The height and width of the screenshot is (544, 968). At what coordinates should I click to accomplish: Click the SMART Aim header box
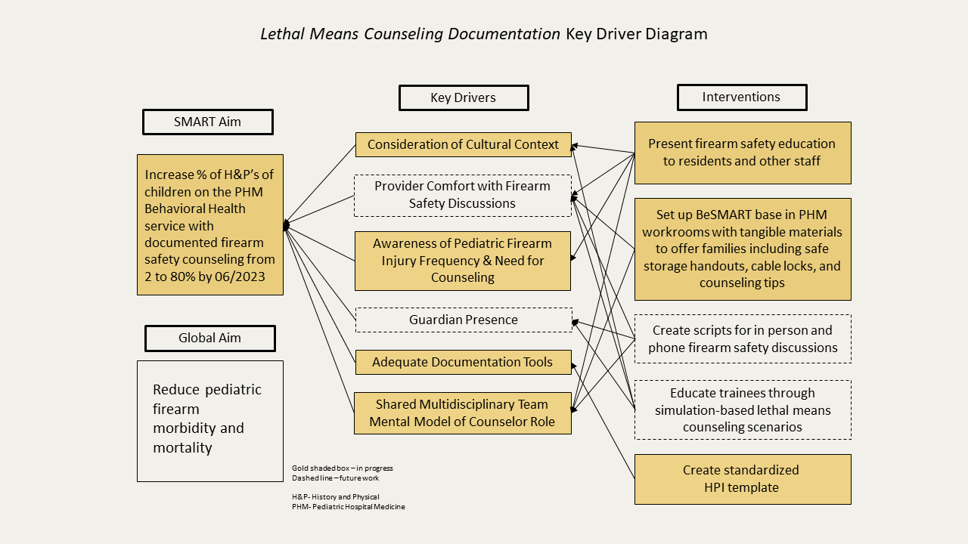point(208,122)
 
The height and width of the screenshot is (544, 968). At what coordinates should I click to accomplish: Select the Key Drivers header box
point(464,98)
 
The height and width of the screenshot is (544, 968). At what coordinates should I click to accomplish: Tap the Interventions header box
point(742,97)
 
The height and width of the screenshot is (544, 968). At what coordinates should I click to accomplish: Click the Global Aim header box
point(210,338)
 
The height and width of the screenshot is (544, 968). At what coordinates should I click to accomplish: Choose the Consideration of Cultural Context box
point(464,144)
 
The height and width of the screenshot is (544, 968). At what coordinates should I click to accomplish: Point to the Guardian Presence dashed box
point(464,320)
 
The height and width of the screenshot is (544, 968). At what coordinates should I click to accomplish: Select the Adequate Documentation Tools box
point(464,362)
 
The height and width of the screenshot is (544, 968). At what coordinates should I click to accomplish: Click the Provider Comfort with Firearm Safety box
point(463,196)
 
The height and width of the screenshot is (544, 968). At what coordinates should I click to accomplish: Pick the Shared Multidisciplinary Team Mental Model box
point(463,413)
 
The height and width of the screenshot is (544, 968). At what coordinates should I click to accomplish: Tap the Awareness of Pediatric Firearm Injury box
point(463,261)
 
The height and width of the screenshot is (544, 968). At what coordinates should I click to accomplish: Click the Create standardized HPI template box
point(743,479)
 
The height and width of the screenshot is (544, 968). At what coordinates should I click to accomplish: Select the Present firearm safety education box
point(743,153)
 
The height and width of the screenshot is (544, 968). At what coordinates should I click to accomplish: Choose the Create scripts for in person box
point(743,339)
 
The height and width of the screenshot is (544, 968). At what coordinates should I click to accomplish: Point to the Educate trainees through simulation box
point(743,410)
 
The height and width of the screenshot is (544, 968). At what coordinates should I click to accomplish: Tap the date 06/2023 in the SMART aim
point(240,277)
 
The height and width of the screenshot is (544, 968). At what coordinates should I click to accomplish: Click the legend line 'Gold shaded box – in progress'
point(343,468)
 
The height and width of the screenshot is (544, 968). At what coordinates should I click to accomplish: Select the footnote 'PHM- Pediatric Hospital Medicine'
point(349,506)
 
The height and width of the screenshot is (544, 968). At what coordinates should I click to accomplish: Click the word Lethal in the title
point(282,34)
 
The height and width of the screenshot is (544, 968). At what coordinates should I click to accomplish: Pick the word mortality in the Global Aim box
point(182,448)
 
